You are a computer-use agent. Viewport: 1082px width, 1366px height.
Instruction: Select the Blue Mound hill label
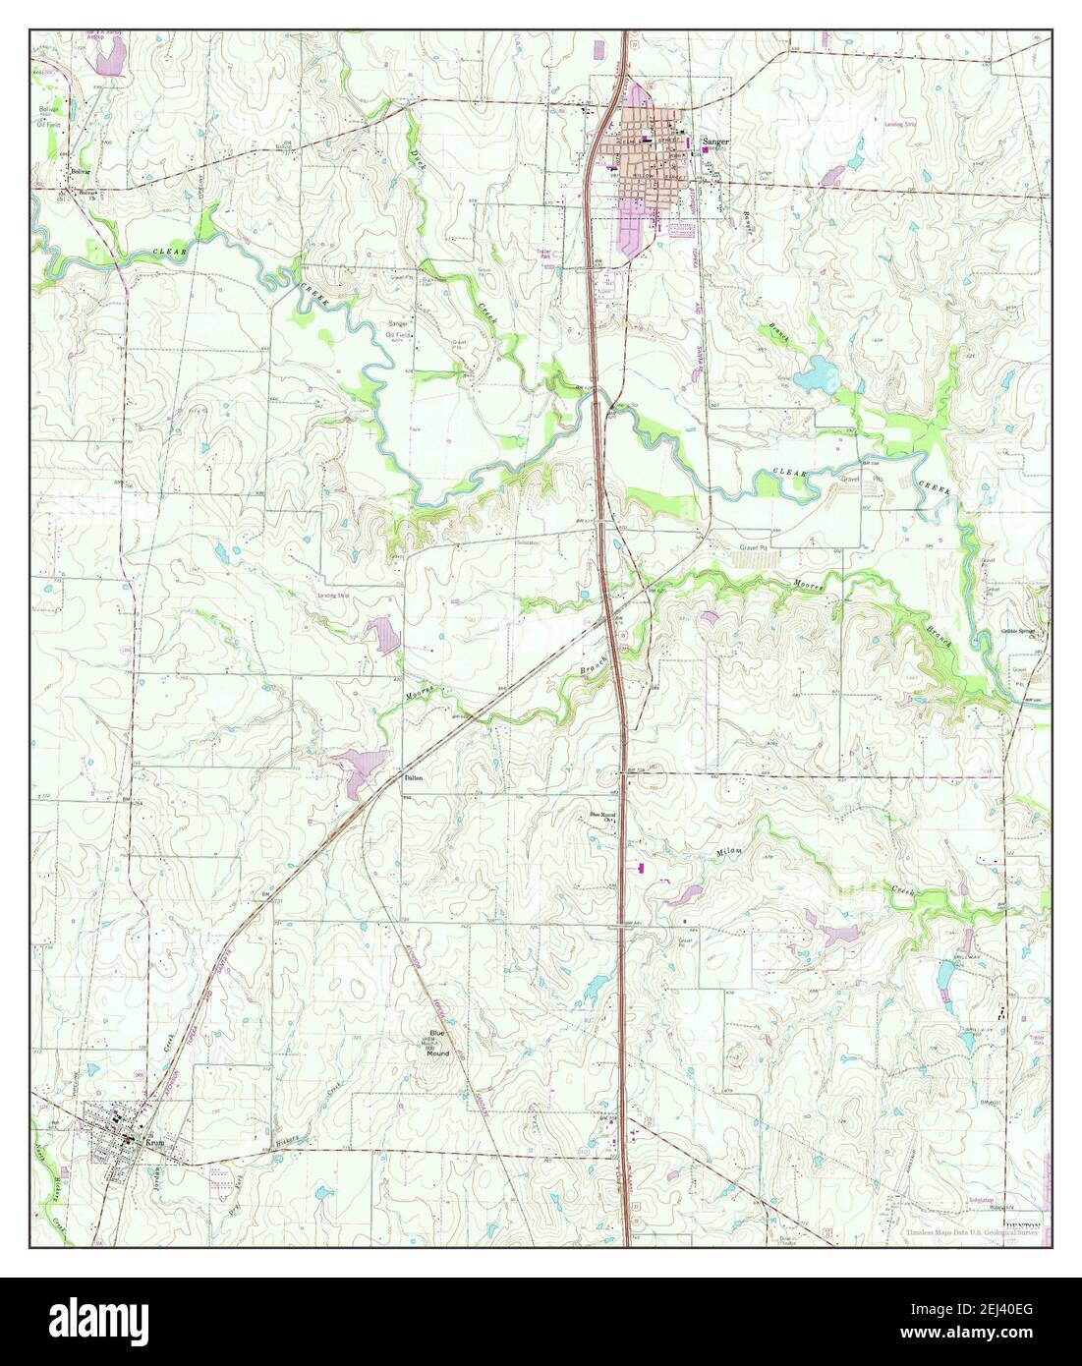click(x=437, y=1043)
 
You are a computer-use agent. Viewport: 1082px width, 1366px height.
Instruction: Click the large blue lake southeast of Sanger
click(x=815, y=377)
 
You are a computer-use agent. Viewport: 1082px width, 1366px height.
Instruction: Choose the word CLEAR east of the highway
click(x=788, y=473)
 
